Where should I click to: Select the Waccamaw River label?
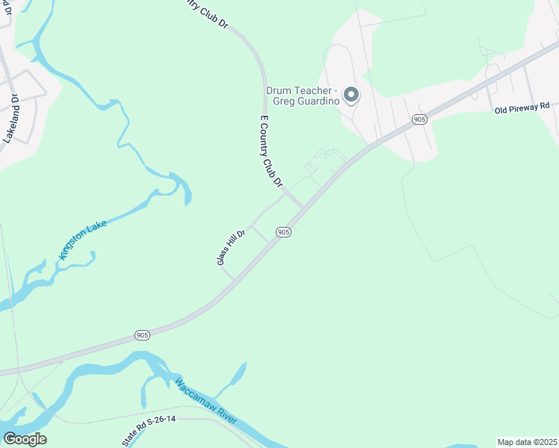click(206, 402)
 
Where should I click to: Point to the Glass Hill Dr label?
click(231, 246)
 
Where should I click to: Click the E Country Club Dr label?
click(271, 152)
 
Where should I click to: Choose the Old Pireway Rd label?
click(522, 108)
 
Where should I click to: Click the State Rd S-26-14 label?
click(149, 432)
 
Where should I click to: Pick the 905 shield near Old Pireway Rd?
click(419, 119)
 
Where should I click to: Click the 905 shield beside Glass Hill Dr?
click(282, 232)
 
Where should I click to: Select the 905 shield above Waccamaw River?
click(142, 335)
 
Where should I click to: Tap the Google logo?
click(25, 439)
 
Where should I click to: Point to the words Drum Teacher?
click(293, 90)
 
